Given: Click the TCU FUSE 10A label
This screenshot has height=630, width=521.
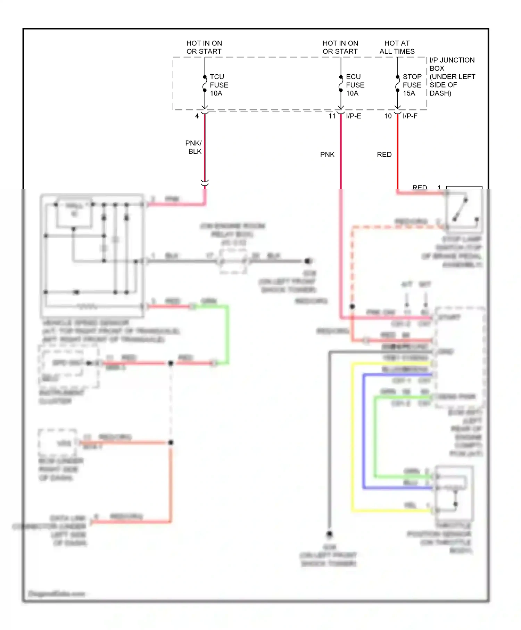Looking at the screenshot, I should [219, 85].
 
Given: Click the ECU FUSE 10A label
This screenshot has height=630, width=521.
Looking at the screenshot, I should [355, 85].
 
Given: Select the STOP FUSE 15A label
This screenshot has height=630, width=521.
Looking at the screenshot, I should [412, 85].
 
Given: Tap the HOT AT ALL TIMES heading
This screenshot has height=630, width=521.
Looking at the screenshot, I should [397, 47].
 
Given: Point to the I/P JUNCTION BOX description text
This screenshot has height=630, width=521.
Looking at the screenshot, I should [452, 77].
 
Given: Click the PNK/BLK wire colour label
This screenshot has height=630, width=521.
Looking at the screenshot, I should [193, 147].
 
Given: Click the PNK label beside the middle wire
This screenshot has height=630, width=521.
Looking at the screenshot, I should [327, 155].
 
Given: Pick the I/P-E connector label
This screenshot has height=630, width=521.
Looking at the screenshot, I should [354, 116].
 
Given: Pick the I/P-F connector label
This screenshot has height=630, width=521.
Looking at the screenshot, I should [410, 116].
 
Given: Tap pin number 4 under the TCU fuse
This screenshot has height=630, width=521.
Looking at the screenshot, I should [197, 116].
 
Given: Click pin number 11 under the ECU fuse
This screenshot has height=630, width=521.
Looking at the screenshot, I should [332, 116].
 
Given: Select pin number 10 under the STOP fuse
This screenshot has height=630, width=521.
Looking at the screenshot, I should [388, 116].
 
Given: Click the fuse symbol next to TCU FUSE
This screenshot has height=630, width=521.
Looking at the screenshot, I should [205, 84].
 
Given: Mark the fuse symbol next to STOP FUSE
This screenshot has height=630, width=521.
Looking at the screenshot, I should [398, 84].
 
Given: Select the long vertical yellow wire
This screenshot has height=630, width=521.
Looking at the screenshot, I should [353, 438].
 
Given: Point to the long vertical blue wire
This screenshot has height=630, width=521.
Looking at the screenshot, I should [364, 431].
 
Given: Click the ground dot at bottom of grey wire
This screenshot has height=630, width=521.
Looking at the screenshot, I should [329, 534].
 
